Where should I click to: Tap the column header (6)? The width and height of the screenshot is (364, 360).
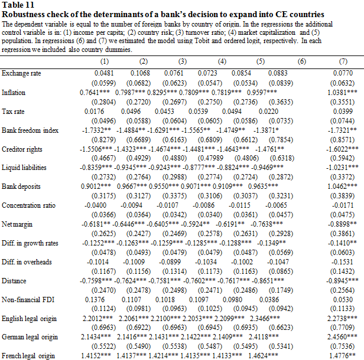302,61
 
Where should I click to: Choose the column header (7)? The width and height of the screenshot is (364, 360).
343,61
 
